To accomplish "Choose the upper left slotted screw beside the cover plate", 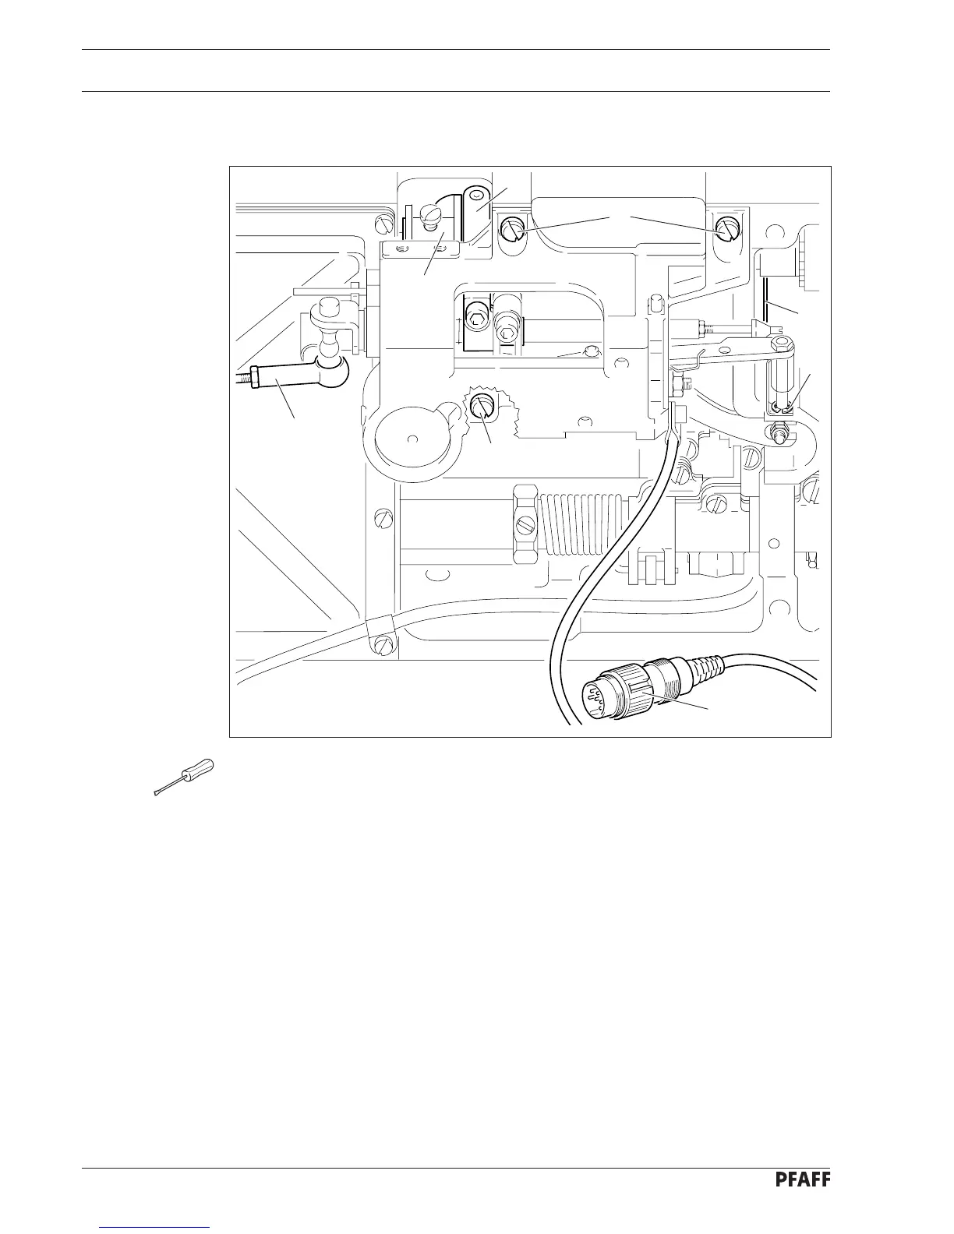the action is click(x=511, y=230).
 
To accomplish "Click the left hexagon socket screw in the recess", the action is click(x=477, y=316).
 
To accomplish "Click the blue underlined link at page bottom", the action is click(x=155, y=1226).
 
